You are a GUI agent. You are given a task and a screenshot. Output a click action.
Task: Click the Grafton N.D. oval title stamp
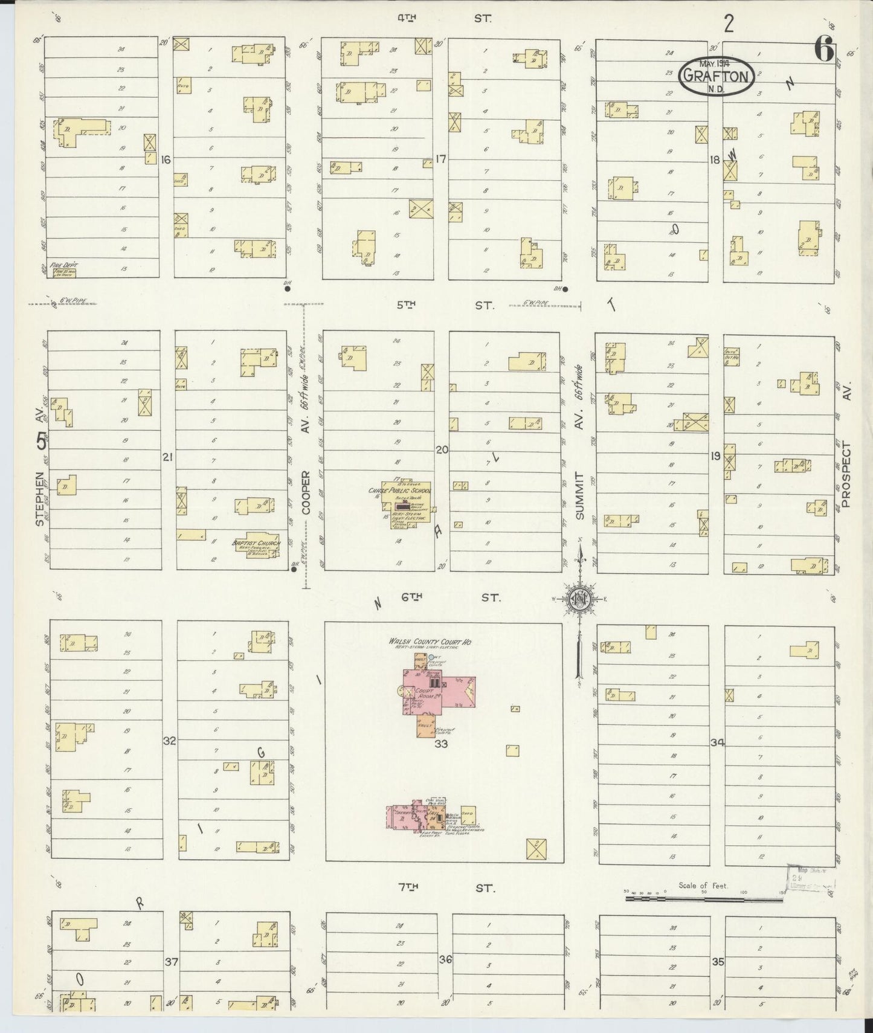point(717,77)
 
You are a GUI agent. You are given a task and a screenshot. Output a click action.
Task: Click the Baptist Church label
point(256,543)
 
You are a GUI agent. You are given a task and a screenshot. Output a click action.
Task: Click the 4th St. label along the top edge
point(444,19)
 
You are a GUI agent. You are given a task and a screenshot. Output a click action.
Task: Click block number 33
point(441,744)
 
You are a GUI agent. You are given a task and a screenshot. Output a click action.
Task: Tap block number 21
point(167,457)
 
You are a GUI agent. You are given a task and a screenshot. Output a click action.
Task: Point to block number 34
point(717,742)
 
